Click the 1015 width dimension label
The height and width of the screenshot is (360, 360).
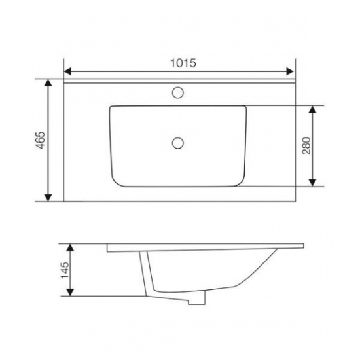[183, 63]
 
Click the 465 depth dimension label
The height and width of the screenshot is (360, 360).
[41, 140]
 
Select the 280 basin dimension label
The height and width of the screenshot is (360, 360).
[306, 145]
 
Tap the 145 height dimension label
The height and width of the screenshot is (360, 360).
[65, 270]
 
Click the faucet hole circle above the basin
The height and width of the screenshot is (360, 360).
[178, 92]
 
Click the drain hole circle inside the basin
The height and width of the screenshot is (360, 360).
[178, 143]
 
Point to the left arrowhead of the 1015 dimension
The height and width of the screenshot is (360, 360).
[67, 71]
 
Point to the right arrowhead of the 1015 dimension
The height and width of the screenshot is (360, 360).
[290, 71]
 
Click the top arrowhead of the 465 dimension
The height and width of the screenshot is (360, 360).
[48, 82]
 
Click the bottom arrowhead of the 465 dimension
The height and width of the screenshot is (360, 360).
[48, 198]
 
